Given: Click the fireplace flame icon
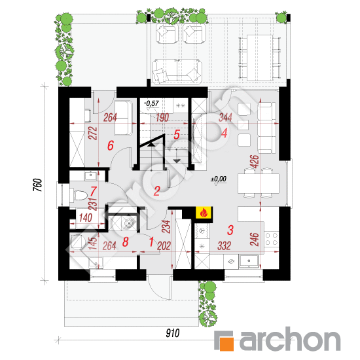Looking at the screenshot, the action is pyautogui.click(x=204, y=212).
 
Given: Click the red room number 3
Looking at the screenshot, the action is pyautogui.click(x=230, y=230).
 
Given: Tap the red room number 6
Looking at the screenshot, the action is pyautogui.click(x=111, y=145).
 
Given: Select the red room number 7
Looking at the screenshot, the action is pyautogui.click(x=94, y=190).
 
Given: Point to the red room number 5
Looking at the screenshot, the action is pyautogui.click(x=176, y=135).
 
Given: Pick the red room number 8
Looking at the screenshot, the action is pyautogui.click(x=126, y=242).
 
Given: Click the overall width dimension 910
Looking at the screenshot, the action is pyautogui.click(x=173, y=333).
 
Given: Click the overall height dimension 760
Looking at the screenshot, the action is pyautogui.click(x=38, y=185).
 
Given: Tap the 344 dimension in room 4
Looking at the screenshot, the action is pyautogui.click(x=225, y=117).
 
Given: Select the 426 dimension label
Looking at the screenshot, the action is pyautogui.click(x=255, y=162).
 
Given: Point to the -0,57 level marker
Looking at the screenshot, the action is pyautogui.click(x=152, y=103).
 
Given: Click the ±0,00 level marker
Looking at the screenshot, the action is pyautogui.click(x=219, y=179).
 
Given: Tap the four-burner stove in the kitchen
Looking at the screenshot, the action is pyautogui.click(x=272, y=238).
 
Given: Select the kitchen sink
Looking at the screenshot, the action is pyautogui.click(x=249, y=261).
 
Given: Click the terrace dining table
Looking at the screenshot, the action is pyautogui.click(x=260, y=58).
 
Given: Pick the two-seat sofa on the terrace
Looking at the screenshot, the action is pyautogui.click(x=177, y=70).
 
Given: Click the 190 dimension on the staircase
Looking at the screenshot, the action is pyautogui.click(x=162, y=118).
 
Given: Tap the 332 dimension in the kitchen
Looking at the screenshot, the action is pyautogui.click(x=224, y=245).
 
